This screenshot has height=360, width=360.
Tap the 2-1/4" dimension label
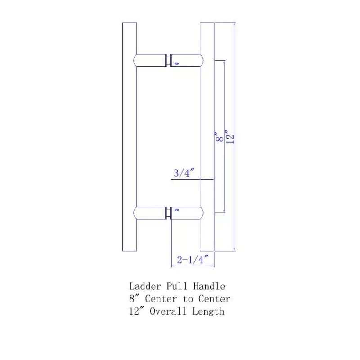[x=193, y=260]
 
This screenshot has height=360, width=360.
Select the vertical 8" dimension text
[x=219, y=137]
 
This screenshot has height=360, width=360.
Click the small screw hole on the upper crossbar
[x=176, y=63]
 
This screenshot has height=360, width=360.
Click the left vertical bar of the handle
[x=130, y=135]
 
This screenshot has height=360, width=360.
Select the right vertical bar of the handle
[x=207, y=135]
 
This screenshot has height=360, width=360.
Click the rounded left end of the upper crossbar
[x=137, y=60]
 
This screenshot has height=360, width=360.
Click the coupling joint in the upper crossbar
[x=169, y=60]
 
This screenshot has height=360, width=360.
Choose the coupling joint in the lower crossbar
[x=169, y=213]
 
